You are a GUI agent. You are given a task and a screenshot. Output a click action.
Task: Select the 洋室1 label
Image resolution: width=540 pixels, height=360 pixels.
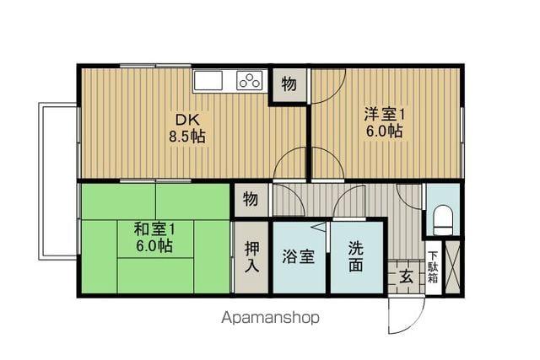coord(384,114)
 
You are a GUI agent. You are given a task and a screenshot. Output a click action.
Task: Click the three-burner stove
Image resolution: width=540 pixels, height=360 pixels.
coord(251,81)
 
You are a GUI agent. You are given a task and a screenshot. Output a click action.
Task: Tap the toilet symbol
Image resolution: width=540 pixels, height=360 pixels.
coord(443,223)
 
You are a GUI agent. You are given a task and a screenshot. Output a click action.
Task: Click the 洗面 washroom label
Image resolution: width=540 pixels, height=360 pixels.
coord(357,257)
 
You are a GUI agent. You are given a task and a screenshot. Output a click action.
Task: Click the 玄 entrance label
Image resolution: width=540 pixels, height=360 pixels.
coord(406,275)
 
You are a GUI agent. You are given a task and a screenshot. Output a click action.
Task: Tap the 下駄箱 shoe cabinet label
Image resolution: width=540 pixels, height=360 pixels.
coord(432,266)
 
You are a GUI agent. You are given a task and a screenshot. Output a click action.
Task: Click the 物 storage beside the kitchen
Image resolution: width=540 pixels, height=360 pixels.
coord(289,84)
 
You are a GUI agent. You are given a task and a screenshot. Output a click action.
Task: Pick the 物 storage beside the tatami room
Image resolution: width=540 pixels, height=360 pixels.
coord(251,200)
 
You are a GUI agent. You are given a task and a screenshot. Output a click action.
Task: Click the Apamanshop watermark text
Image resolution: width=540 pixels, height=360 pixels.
coord(270,319)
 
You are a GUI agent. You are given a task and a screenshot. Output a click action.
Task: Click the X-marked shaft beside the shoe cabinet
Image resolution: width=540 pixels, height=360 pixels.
coord(452,266)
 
